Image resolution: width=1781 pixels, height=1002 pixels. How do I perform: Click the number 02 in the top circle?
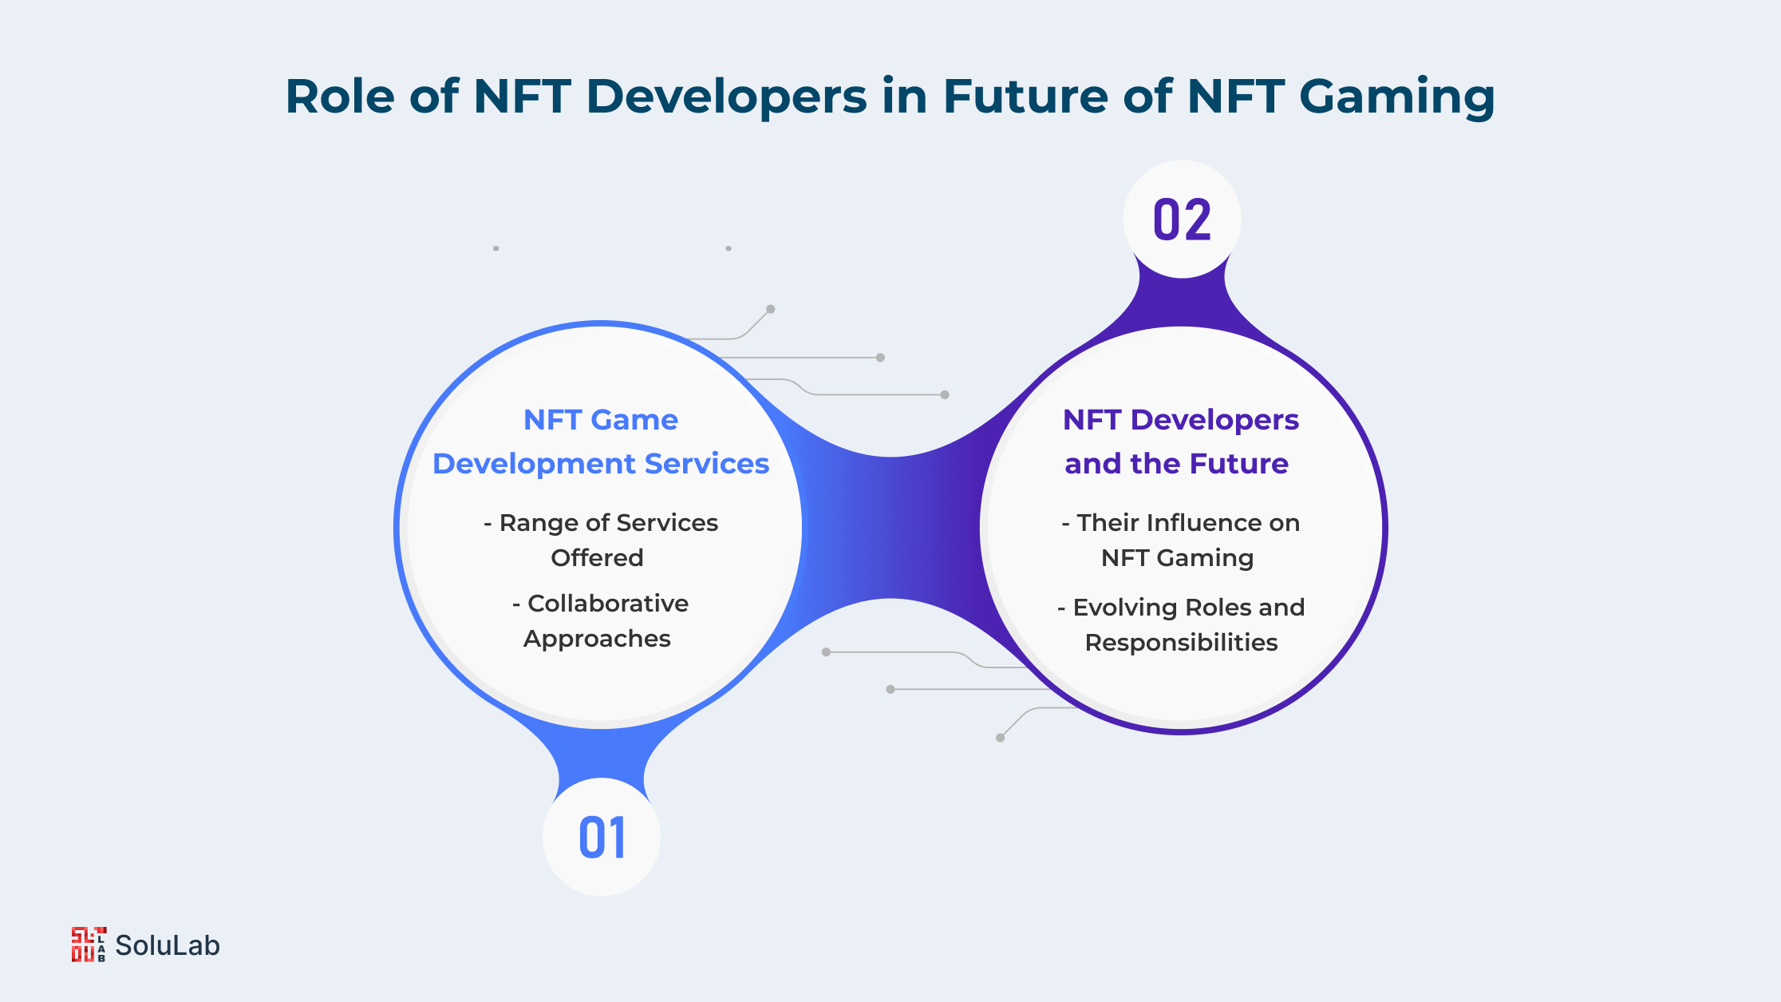1182,220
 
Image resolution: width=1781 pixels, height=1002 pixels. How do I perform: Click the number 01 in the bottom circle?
602,838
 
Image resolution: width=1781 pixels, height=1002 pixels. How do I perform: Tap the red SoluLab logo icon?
89,945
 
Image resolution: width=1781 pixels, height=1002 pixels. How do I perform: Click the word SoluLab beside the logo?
168,945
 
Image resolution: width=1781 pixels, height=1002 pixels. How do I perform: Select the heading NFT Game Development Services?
601,442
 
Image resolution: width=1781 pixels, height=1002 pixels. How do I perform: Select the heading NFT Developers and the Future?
1180,442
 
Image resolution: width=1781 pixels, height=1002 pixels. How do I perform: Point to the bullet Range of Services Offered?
600,540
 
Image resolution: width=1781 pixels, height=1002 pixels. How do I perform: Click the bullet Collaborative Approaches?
600,620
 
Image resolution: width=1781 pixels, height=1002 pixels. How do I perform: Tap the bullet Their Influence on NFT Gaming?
1180,540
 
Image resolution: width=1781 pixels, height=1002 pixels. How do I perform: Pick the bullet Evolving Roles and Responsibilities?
1181,624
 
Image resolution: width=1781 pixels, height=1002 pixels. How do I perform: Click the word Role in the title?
340,96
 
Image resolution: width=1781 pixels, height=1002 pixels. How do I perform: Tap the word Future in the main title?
1025,96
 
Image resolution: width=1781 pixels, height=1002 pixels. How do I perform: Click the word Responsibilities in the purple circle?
1181,643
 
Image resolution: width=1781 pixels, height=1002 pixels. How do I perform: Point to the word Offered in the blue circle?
597,557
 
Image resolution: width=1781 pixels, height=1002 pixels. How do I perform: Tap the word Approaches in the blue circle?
597,639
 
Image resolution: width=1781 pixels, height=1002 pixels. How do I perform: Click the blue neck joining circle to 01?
601,754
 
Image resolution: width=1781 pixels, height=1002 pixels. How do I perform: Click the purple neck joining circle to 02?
1182,302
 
